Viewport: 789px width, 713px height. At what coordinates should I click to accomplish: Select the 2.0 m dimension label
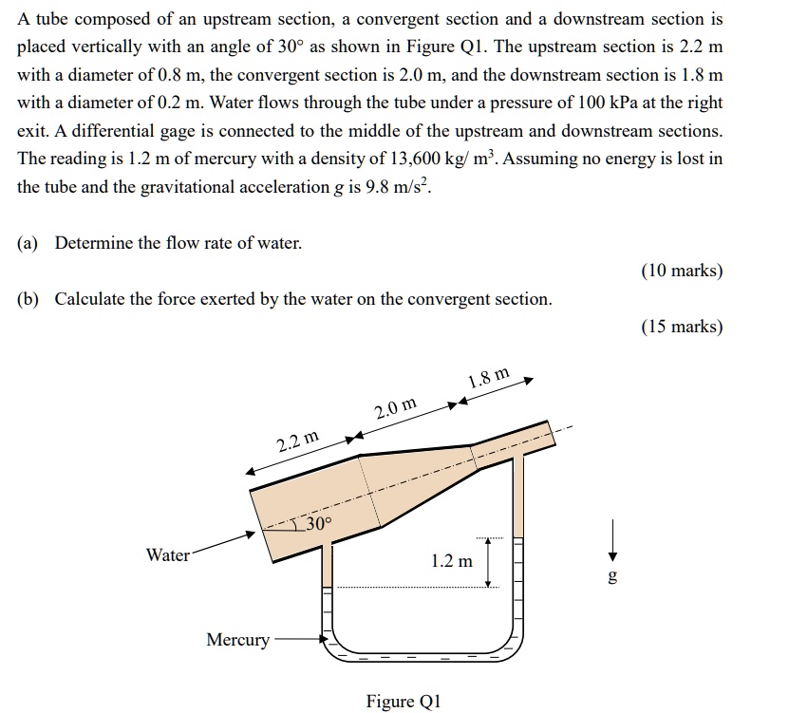point(395,410)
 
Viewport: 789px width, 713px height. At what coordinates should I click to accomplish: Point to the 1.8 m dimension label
point(488,378)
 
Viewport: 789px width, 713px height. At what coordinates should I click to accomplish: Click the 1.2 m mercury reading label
point(451,561)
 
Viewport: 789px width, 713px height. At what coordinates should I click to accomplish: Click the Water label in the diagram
point(167,555)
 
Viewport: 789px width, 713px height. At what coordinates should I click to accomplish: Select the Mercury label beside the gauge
point(237,640)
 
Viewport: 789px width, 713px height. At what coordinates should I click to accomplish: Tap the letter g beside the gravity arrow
point(612,576)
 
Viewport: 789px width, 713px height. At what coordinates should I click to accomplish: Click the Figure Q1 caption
point(404,702)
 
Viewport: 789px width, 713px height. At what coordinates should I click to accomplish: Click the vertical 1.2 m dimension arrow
point(488,562)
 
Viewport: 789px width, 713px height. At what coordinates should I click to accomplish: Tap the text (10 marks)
point(682,271)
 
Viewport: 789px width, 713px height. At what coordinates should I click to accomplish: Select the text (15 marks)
point(682,327)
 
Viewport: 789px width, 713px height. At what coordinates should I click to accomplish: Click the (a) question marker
point(27,243)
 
